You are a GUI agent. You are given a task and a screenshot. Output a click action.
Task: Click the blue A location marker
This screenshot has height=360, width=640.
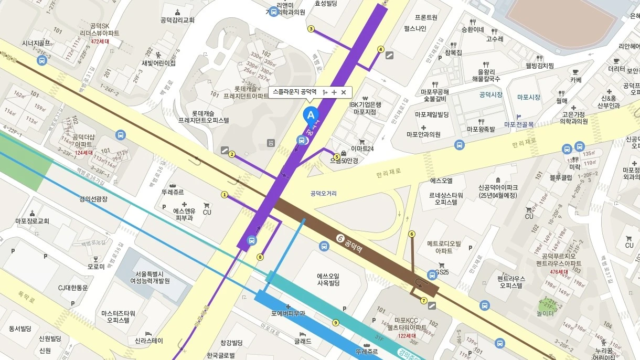(x=311, y=114)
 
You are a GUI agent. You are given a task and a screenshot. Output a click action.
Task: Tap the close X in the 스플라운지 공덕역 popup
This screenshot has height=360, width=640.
(x=344, y=92)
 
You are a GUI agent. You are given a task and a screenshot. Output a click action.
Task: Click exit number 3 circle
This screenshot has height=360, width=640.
(x=311, y=29)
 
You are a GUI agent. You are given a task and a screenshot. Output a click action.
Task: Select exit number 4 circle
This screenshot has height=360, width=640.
(x=381, y=49)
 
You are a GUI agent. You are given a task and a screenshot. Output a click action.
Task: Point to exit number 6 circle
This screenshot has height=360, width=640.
(x=412, y=234)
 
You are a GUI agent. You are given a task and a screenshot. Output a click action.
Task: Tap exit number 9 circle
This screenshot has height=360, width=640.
(x=336, y=323)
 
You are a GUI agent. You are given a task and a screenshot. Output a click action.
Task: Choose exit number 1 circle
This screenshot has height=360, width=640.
(x=225, y=195)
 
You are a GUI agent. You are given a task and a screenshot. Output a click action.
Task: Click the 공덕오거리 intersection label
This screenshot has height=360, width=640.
(x=323, y=194)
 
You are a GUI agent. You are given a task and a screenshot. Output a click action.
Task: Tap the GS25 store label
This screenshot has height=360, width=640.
(x=442, y=272)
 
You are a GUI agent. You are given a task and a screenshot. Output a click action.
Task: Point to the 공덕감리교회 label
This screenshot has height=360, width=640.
(x=177, y=20)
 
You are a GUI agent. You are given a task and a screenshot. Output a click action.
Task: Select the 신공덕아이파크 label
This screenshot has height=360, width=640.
(x=498, y=191)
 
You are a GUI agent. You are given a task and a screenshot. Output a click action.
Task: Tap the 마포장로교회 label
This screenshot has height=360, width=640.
(x=32, y=221)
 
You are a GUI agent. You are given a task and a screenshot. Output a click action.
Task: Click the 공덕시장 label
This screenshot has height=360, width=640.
(x=490, y=95)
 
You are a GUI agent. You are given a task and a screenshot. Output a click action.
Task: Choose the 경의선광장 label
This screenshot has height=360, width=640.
(x=93, y=199)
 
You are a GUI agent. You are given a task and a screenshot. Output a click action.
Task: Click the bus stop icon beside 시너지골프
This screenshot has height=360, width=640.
(x=42, y=60)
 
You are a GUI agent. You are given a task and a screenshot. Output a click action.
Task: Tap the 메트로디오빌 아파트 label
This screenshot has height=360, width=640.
(x=443, y=247)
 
